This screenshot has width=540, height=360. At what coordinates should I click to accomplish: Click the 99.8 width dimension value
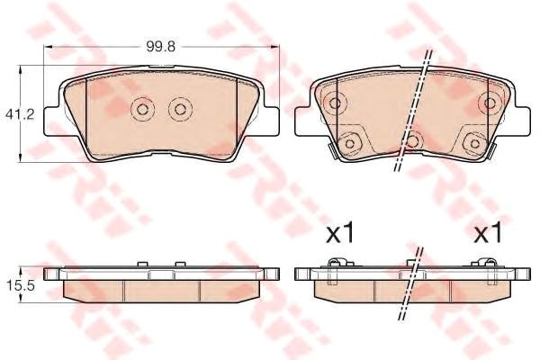pos(160,47)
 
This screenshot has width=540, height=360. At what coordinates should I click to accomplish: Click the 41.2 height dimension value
pos(20,114)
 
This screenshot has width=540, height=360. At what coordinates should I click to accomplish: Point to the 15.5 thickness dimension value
pos(21,285)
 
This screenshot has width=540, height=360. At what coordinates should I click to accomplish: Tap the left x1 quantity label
pos(339,233)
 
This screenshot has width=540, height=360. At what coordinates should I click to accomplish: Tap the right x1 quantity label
pos(488,233)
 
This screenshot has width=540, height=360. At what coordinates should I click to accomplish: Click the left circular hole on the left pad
pos(142,110)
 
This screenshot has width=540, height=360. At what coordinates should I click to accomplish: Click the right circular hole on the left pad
pos(180,110)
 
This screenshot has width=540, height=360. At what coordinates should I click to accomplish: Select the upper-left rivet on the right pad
pos(335,103)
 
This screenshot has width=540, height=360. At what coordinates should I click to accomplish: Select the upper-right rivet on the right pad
pos(490,103)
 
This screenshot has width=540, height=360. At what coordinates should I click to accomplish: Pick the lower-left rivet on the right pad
pos(349,143)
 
